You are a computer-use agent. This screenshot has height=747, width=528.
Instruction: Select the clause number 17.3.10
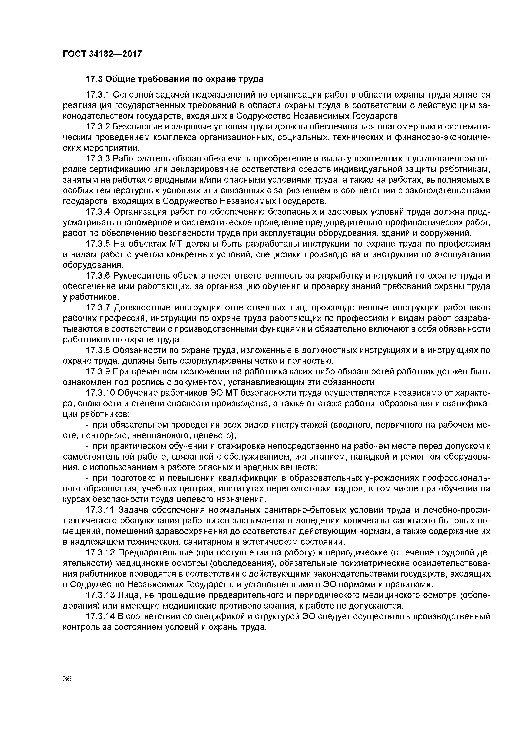[100, 393]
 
